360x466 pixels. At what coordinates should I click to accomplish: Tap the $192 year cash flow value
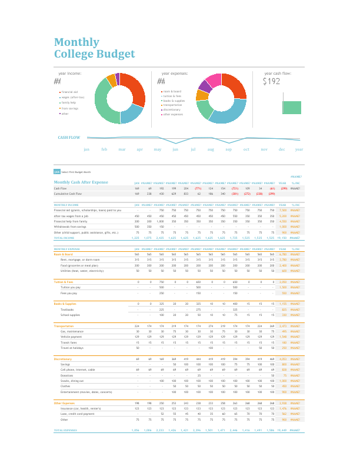tap(272, 82)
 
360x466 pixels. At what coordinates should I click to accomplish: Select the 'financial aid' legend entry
tap(69, 92)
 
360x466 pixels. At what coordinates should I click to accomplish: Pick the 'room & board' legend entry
tap(172, 92)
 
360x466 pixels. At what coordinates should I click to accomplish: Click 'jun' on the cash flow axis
tap(175, 149)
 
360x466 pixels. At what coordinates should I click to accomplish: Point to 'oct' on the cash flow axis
tap(246, 149)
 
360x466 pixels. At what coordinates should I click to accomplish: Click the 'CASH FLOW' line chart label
tap(69, 138)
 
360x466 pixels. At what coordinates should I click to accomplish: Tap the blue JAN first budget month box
tap(57, 171)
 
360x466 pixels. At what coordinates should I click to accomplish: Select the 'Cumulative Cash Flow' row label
tap(68, 193)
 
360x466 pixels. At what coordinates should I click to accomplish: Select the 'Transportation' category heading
tap(65, 325)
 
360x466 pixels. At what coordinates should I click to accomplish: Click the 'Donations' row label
tap(67, 375)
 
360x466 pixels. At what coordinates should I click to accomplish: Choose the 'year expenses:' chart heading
tap(172, 74)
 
